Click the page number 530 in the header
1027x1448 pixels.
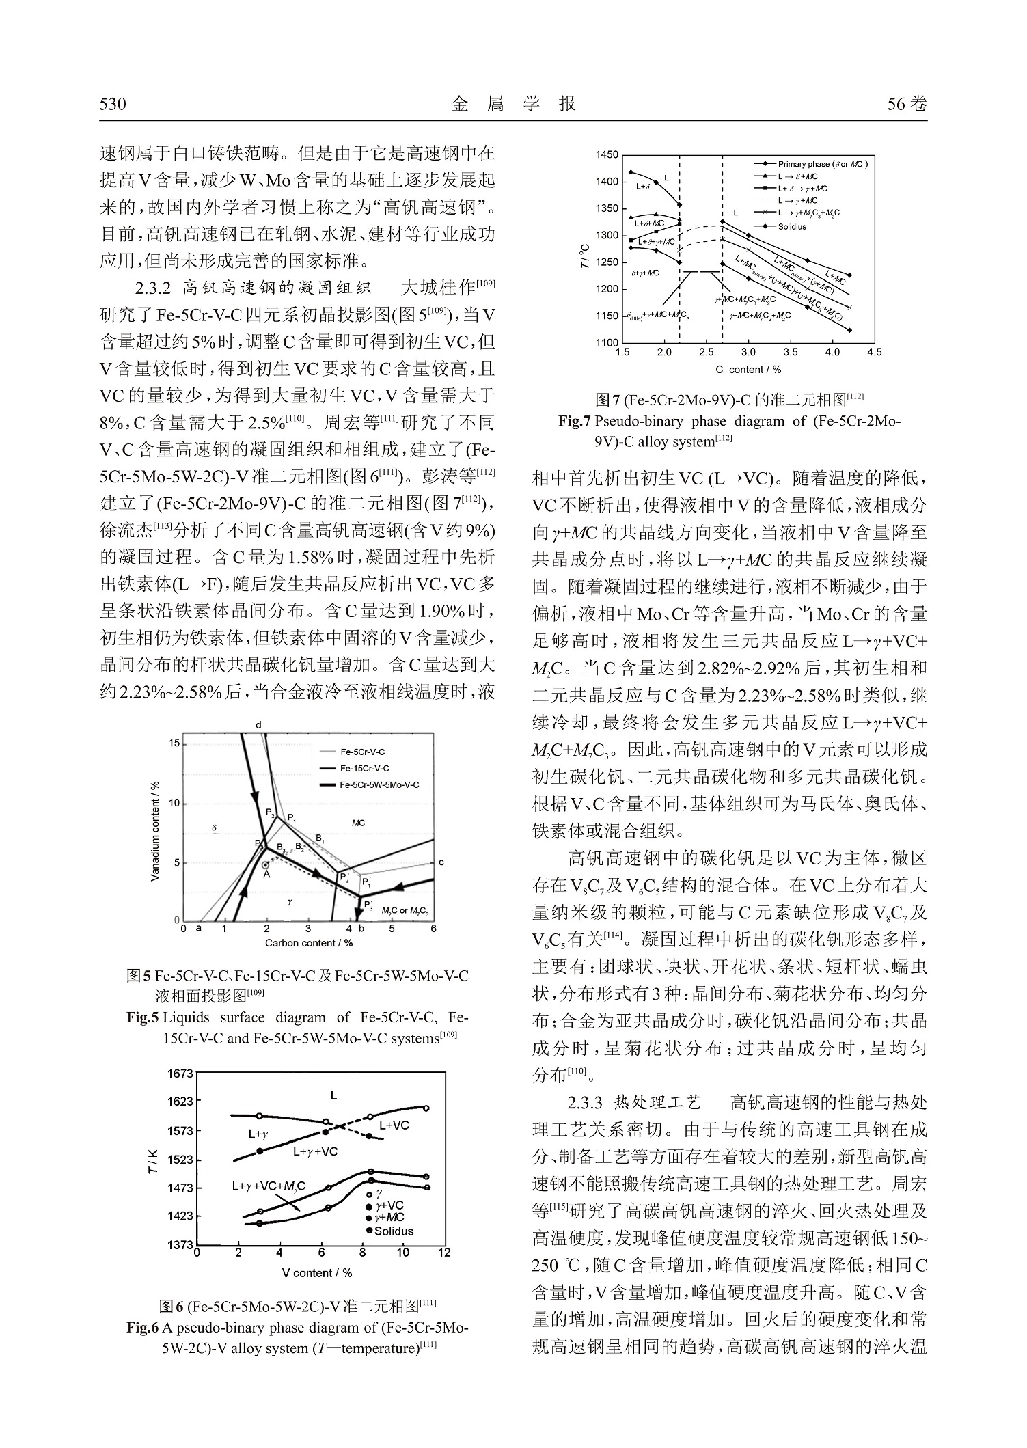point(113,105)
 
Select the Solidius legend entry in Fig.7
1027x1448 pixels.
point(792,227)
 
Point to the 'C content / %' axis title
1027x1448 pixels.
point(748,370)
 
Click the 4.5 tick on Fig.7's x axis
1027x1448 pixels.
point(874,353)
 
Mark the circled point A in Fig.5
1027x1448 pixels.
point(266,866)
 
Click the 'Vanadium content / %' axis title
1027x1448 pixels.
point(155,831)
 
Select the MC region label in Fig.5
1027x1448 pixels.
point(358,823)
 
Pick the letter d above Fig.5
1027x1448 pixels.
point(259,724)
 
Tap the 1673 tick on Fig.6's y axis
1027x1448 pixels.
point(180,1074)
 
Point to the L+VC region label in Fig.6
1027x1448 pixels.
point(394,1125)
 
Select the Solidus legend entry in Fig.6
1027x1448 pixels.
point(394,1231)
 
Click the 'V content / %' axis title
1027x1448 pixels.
point(317,1273)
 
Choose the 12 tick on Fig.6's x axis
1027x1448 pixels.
point(444,1253)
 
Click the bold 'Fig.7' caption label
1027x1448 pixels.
point(574,422)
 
